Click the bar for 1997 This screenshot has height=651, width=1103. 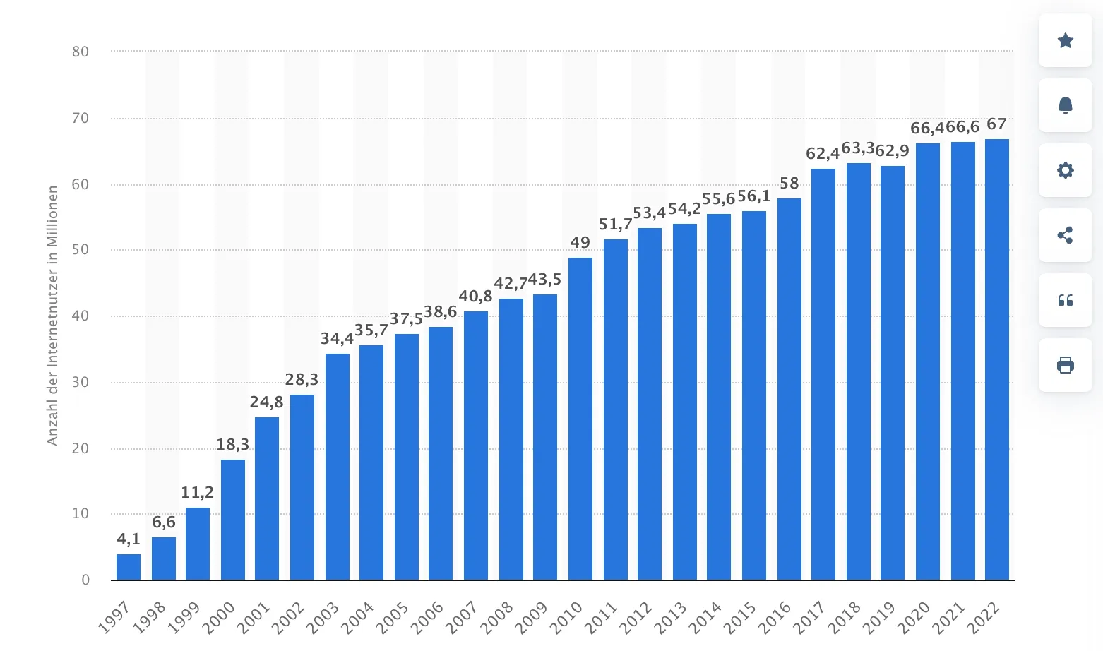tap(129, 567)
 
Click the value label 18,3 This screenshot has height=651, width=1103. tap(233, 445)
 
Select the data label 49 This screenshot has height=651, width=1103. tap(580, 243)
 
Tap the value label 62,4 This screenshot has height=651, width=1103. tap(823, 154)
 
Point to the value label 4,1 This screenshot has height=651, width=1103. tap(129, 539)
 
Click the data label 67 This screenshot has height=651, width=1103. tap(997, 125)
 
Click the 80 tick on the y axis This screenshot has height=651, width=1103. tap(81, 52)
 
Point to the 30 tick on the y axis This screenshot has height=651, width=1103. tap(81, 382)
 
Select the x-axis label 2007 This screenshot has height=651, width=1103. tap(463, 616)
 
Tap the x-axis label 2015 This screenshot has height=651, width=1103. tap(741, 616)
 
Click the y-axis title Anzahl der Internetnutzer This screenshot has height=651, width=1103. tap(53, 315)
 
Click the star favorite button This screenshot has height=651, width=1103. tap(1066, 40)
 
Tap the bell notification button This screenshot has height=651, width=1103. tap(1066, 105)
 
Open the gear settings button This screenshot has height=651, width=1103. tap(1066, 170)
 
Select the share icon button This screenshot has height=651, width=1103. tap(1066, 235)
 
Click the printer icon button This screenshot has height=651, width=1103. tap(1066, 365)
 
